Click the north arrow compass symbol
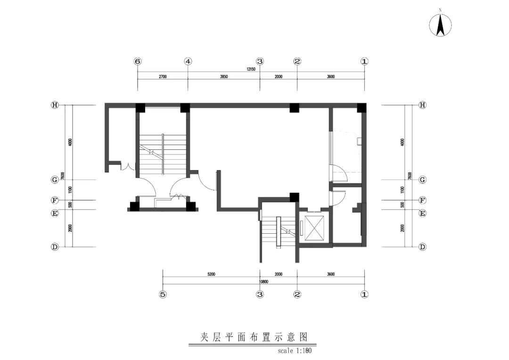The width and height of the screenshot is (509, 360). tap(440, 25)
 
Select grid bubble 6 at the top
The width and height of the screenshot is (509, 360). tap(138, 61)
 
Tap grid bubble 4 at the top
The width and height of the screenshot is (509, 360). tap(188, 61)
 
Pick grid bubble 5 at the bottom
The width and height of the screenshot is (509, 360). tap(163, 295)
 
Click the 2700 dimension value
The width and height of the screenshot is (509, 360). tap(163, 76)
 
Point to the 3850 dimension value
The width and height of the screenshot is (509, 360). tap(223, 76)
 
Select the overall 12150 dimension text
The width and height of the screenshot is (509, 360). tap(251, 69)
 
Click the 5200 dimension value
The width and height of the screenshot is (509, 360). tap(211, 274)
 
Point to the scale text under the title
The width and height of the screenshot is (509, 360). tap(295, 351)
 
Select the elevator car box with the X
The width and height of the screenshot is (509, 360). tap(314, 227)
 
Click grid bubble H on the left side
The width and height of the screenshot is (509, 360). tap(55, 105)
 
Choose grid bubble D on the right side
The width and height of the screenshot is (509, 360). tap(422, 246)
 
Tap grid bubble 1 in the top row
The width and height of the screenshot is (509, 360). tap(364, 61)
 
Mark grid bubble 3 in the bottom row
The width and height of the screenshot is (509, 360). tap(260, 295)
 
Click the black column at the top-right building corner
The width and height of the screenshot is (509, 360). tap(361, 107)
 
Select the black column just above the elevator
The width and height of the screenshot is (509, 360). tap(295, 197)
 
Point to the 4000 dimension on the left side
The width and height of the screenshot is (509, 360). tap(70, 142)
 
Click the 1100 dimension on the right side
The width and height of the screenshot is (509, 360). tap(402, 189)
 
